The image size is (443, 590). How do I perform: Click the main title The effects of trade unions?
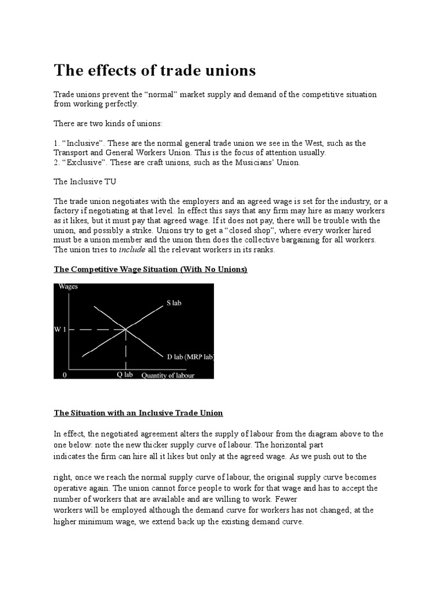(x=155, y=70)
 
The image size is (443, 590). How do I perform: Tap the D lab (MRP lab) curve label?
(x=190, y=357)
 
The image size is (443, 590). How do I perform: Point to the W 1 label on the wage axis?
(x=61, y=330)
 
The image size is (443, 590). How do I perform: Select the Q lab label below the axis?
(x=125, y=374)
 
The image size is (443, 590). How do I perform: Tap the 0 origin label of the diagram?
(x=65, y=375)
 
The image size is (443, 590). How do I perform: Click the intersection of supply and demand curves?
(x=126, y=330)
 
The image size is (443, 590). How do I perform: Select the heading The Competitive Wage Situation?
(x=151, y=270)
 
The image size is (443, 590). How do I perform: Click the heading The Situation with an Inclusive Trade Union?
(x=138, y=413)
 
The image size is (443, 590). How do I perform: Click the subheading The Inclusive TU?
(x=79, y=181)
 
